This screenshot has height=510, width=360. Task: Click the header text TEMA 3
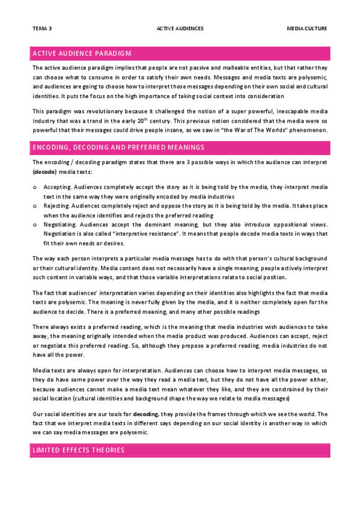pos(42,28)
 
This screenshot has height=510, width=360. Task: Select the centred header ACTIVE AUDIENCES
pos(180,28)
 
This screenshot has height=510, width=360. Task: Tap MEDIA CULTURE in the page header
pos(307,28)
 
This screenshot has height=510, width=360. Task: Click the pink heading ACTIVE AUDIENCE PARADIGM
pos(82,54)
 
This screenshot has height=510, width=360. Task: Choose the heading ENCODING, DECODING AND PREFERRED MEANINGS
pos(118,147)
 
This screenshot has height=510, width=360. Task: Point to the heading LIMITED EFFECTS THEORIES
pos(79,450)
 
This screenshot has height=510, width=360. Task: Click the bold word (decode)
pos(44,171)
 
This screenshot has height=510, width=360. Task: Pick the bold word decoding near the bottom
pos(145,414)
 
